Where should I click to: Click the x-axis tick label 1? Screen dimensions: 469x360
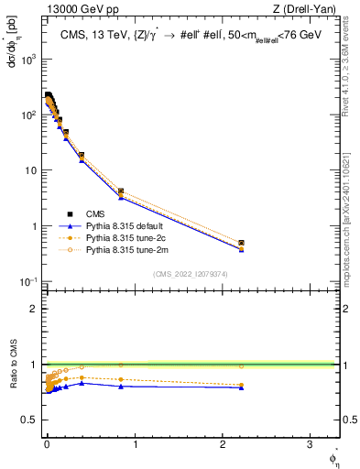(135, 444)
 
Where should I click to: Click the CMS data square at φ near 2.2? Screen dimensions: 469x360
(241, 243)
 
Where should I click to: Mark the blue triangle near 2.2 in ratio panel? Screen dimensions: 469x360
(241, 387)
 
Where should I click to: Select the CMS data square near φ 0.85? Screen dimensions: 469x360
(121, 191)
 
